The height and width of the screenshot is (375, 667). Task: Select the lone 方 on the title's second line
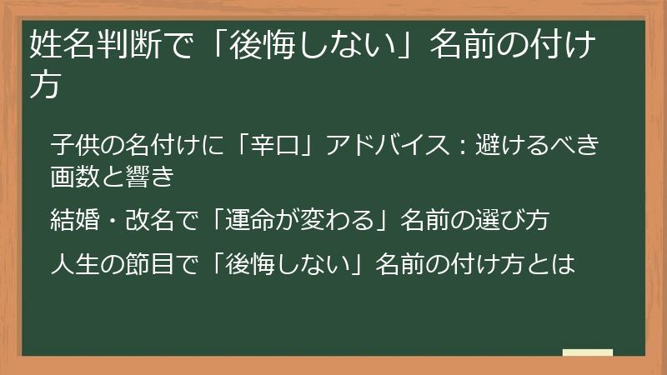click(x=44, y=85)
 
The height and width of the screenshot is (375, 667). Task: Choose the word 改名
click(x=148, y=220)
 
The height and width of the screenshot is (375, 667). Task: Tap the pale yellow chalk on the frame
click(x=588, y=353)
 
